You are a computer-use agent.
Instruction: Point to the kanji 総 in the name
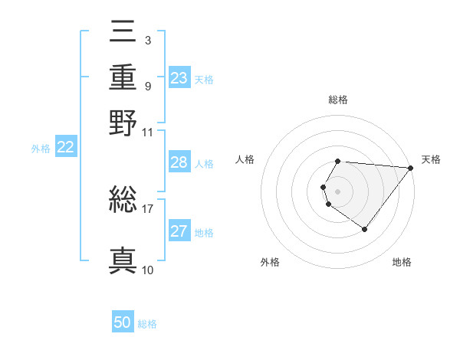pos(123,201)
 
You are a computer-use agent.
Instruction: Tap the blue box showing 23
pos(179,78)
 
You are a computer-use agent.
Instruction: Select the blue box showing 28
pos(179,162)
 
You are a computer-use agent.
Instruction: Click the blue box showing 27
pos(179,231)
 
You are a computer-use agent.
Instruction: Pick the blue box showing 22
pos(65,148)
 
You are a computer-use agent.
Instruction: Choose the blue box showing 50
pos(123,322)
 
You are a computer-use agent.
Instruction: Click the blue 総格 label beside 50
pos(147,324)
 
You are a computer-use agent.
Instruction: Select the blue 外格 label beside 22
pos(40,149)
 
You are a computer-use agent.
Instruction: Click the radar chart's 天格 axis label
pos(431,159)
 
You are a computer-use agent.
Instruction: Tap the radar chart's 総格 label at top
pos(338,100)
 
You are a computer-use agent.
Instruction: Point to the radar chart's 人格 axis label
pos(245,159)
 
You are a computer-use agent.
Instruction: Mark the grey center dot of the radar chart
pos(338,191)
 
